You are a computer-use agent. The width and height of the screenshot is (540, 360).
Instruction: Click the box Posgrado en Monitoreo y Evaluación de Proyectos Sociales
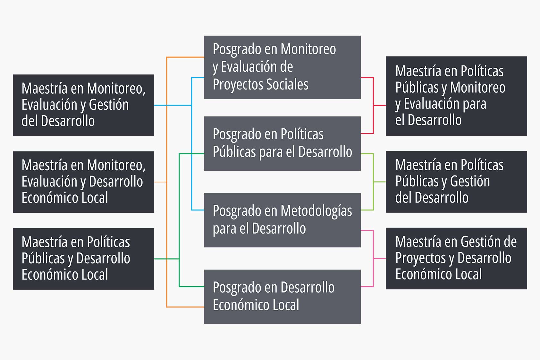[282, 67]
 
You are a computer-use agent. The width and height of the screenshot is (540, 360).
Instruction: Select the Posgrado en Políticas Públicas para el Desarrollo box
[282, 143]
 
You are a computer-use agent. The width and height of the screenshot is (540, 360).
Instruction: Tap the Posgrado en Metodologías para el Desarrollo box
[282, 220]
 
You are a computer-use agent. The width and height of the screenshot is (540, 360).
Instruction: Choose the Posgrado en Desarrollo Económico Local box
[282, 296]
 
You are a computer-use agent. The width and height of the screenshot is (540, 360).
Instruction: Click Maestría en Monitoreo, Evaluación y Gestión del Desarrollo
[83, 105]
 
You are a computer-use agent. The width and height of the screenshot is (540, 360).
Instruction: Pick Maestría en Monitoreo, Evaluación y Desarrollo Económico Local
[83, 182]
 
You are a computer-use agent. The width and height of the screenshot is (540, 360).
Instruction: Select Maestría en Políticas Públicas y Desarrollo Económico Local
[83, 259]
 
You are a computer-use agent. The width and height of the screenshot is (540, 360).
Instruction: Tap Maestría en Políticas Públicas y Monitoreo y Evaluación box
[456, 96]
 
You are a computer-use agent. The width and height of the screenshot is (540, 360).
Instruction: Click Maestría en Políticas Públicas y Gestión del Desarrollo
[456, 182]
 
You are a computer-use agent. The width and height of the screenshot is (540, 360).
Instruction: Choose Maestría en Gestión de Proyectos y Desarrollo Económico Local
[456, 258]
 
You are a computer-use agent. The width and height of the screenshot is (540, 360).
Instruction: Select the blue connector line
[191, 160]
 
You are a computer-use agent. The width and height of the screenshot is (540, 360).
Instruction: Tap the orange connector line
[166, 225]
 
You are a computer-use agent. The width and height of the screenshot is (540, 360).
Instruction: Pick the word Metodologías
[316, 211]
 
